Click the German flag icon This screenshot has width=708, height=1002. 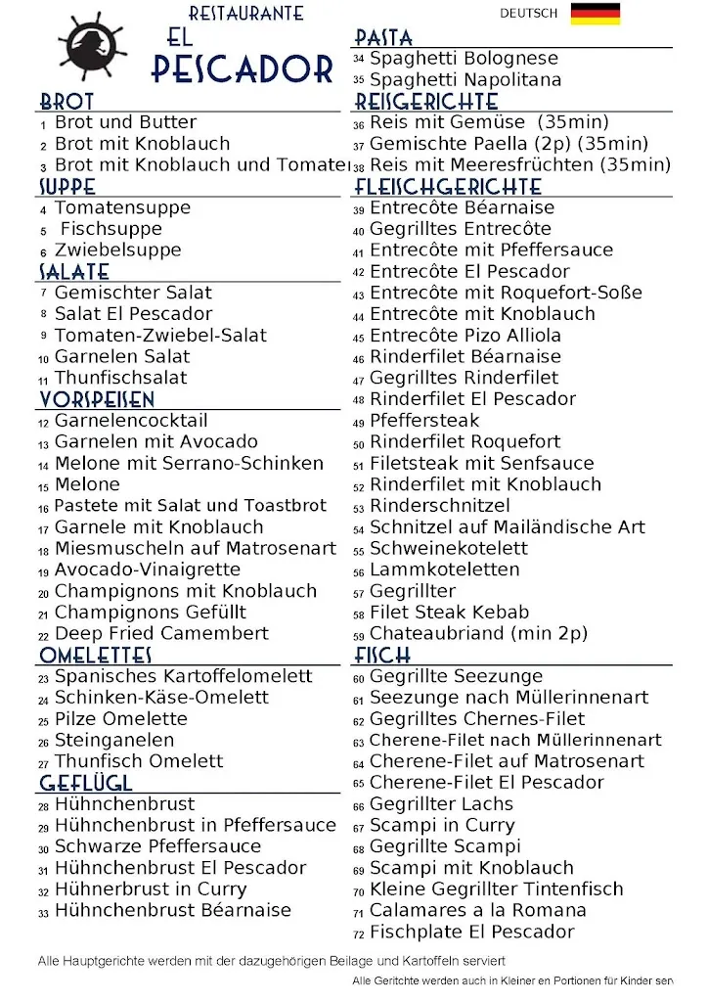pos(596,14)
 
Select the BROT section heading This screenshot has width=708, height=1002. pos(66,102)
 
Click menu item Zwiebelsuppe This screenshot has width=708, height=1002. pos(117,250)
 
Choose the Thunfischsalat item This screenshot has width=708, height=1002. pos(120,378)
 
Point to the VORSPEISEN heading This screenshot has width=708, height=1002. pos(97,399)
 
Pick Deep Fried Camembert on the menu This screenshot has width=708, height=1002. pos(161,633)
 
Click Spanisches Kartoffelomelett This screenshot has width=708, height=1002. pos(183,676)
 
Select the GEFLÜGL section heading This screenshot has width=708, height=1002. pos(86,783)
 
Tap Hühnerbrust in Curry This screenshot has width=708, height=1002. pos(151,889)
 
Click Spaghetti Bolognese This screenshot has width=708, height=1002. pos(464,59)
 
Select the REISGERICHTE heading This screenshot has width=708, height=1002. pos(426,102)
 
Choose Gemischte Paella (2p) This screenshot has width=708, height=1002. pos(509,144)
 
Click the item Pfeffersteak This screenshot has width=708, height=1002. pos(424,421)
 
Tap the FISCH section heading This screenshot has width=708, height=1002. pos(382,655)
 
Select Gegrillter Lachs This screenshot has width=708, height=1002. pos(441,804)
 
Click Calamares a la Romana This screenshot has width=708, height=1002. pos(477,910)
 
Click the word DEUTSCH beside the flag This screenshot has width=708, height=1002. pos(528,14)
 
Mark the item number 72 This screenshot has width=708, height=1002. pos(359,934)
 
